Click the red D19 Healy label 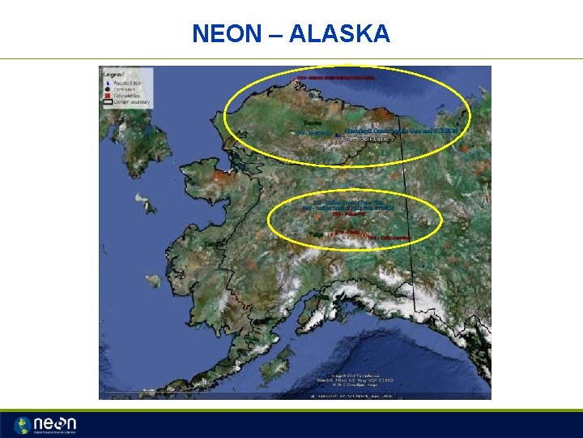pos(347,231)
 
